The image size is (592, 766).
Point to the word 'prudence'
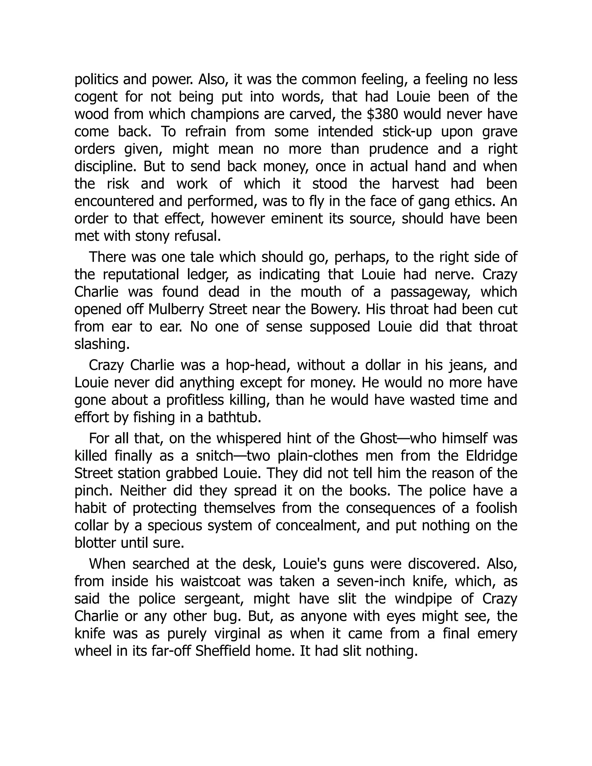point(398,149)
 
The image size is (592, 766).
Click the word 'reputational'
point(141,274)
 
